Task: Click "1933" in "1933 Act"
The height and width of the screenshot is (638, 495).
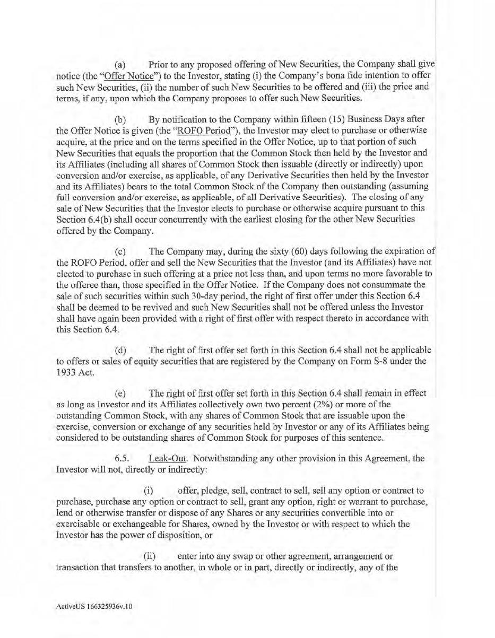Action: tap(66, 372)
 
